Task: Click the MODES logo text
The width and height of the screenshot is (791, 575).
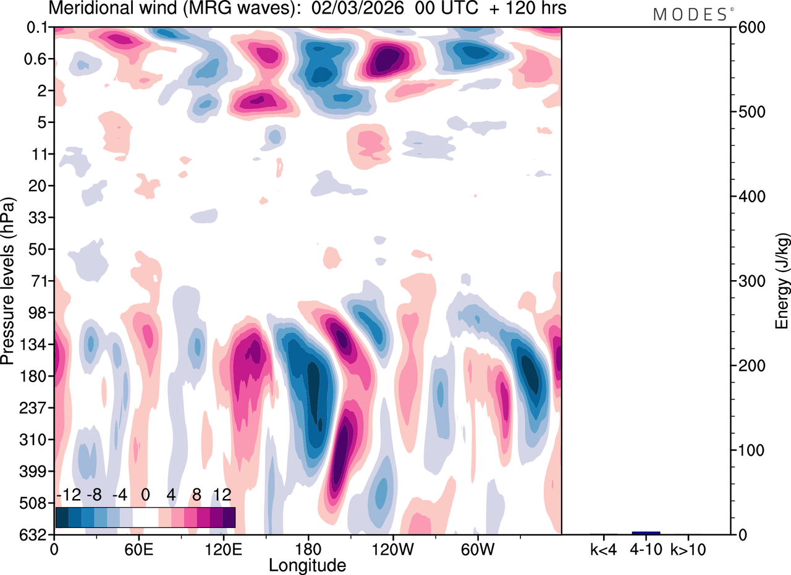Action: [x=690, y=15]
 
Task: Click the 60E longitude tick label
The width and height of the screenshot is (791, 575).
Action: [x=139, y=548]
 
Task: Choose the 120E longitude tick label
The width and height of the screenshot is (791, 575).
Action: [x=223, y=548]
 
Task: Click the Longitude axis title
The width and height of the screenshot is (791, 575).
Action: [x=307, y=564]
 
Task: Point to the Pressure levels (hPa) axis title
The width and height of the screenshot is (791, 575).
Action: [x=8, y=281]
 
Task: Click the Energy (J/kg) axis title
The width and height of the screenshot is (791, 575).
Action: [x=782, y=281]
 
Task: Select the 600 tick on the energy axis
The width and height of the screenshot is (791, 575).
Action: [x=749, y=27]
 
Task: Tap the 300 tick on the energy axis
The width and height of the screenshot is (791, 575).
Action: [x=749, y=281]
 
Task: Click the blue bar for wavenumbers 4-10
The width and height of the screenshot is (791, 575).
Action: [x=646, y=533]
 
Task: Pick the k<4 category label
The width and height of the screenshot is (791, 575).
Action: [x=604, y=548]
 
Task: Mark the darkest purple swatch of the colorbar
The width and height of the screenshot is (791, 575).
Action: [x=229, y=517]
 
